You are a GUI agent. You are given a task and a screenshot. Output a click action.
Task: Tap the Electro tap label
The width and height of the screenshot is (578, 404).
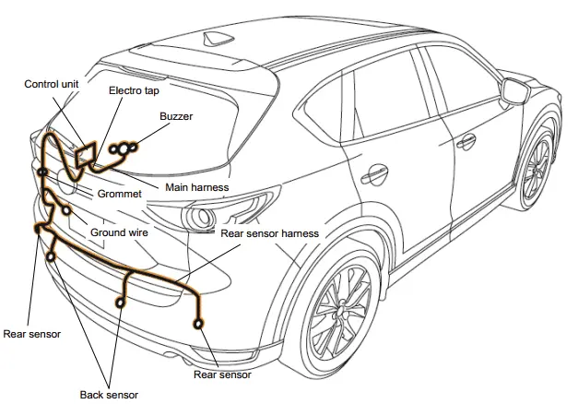click(134, 91)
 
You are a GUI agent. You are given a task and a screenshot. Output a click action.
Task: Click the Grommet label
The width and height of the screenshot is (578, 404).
click(119, 195)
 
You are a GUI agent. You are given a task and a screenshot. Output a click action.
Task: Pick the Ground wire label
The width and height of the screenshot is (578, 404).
click(119, 233)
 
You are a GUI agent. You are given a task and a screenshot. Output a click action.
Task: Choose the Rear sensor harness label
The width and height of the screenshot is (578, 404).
click(270, 233)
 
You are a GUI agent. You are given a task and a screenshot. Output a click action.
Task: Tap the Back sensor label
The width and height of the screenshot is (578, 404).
click(109, 395)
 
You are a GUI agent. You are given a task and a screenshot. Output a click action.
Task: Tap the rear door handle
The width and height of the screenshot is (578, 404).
click(377, 172)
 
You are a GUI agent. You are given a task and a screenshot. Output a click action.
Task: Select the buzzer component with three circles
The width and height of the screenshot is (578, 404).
click(124, 148)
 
